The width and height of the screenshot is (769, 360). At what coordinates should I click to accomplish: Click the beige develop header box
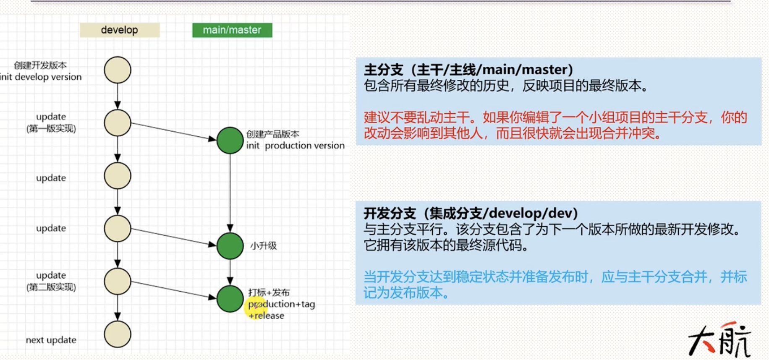(120, 30)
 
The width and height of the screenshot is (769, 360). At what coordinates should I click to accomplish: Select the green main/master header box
(232, 30)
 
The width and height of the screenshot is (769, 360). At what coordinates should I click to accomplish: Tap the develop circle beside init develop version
(118, 70)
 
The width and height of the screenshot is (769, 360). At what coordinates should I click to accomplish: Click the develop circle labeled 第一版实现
(118, 123)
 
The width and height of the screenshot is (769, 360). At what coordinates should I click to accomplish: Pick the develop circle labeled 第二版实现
(118, 281)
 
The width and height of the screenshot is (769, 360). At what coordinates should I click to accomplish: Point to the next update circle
(118, 334)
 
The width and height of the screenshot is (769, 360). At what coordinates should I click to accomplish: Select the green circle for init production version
(230, 140)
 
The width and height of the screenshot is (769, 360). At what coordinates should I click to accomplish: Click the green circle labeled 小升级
(230, 246)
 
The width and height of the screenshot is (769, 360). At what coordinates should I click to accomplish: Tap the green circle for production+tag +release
(230, 299)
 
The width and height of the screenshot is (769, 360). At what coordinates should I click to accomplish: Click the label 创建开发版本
(40, 65)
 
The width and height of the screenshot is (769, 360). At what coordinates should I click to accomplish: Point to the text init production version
(295, 146)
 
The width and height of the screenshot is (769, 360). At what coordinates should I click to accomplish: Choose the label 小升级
(264, 246)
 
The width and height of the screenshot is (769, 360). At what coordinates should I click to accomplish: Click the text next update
(51, 340)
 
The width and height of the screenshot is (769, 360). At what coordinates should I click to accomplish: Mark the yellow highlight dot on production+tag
(256, 307)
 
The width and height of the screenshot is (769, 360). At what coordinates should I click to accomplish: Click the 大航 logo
(719, 340)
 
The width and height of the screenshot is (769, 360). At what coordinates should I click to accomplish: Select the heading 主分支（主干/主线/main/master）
(468, 70)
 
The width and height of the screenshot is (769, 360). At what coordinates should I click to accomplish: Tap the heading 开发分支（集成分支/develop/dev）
(471, 214)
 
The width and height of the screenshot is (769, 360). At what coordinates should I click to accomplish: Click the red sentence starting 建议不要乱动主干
(555, 125)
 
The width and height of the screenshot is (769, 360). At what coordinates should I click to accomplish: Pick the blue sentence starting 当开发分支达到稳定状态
(555, 284)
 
